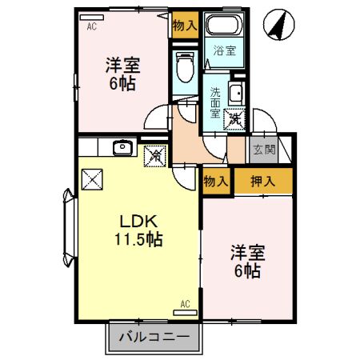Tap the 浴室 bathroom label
[x=225, y=51]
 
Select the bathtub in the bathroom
[x=225, y=26]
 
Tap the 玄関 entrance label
[x=264, y=150]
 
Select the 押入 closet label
[x=264, y=182]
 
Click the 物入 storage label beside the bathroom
[x=185, y=26]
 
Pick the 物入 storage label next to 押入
[x=216, y=182]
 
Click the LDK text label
[x=136, y=221]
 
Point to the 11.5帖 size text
[x=136, y=238]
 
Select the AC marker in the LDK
[x=184, y=305]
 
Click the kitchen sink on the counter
[x=122, y=147]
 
